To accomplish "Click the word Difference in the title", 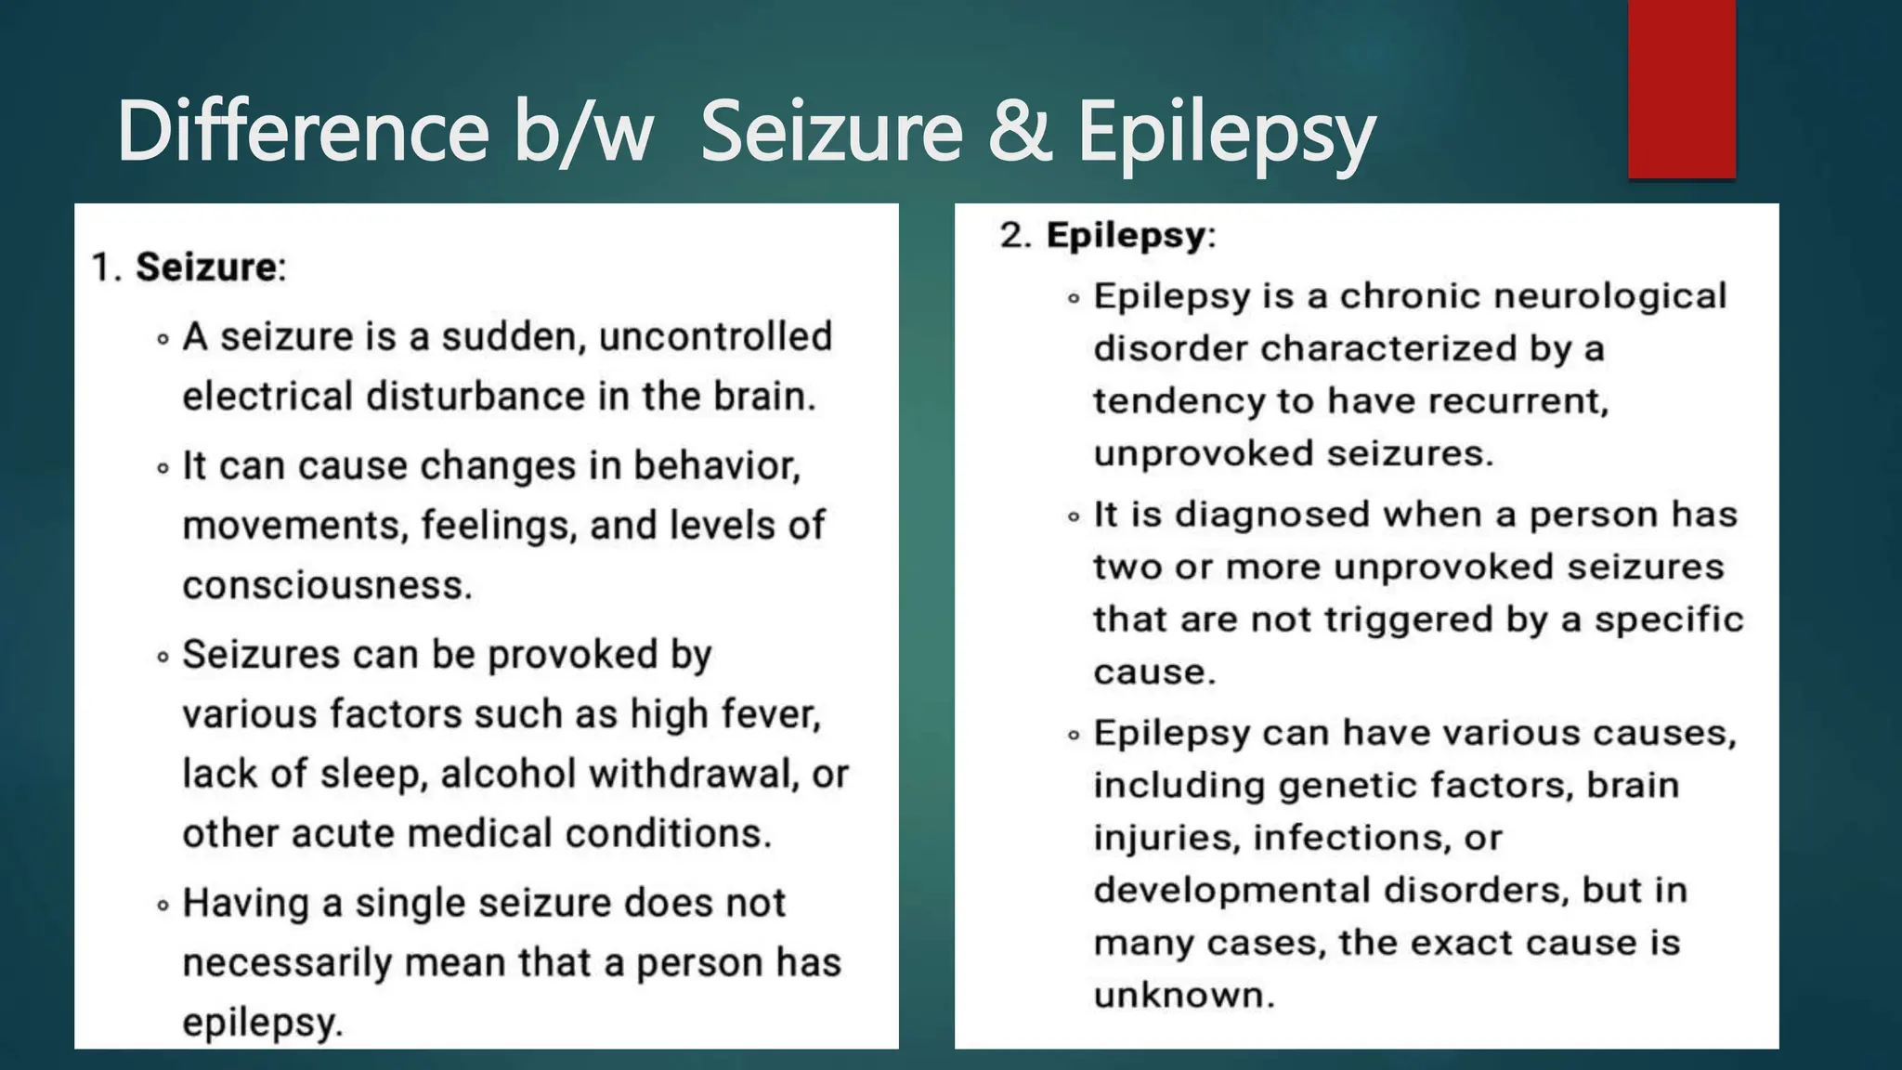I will click(x=302, y=131).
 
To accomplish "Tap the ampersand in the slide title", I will click(x=1019, y=131).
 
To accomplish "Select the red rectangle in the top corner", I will click(x=1681, y=89).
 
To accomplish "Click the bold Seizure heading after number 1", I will click(x=206, y=267).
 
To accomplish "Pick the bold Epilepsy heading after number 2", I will click(x=1126, y=235).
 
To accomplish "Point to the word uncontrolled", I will click(x=715, y=337).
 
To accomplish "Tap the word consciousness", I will click(x=325, y=585).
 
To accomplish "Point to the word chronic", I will click(x=1410, y=296).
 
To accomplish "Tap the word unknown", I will click(x=1182, y=996).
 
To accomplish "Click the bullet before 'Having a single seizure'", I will click(x=163, y=905).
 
